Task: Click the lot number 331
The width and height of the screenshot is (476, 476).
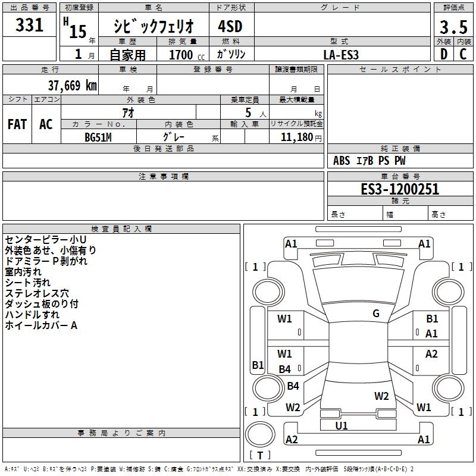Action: (29, 25)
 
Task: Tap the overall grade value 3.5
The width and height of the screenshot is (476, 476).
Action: (453, 27)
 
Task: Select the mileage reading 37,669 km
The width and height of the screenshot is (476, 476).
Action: (73, 86)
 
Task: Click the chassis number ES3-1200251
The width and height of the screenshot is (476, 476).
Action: (400, 189)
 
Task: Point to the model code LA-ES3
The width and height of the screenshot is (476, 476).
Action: (341, 55)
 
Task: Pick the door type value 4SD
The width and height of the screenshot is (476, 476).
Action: (230, 26)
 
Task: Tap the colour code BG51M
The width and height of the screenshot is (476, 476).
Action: (98, 137)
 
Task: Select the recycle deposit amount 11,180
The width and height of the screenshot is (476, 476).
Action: (297, 137)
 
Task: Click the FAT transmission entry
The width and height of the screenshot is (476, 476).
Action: (17, 124)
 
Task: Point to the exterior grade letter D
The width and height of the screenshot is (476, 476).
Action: (444, 54)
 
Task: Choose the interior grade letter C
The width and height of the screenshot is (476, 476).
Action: (463, 54)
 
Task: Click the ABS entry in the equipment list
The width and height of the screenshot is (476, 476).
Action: (342, 161)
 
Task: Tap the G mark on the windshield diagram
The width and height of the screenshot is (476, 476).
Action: (376, 314)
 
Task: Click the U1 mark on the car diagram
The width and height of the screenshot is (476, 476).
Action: (342, 425)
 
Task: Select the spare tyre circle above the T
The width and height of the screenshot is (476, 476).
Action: (260, 434)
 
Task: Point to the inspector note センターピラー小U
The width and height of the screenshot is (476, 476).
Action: (46, 240)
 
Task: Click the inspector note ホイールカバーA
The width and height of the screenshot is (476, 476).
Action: (41, 325)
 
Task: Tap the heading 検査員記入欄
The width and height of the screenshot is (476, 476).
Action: (121, 229)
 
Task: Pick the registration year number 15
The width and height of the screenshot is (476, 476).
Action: (78, 32)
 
